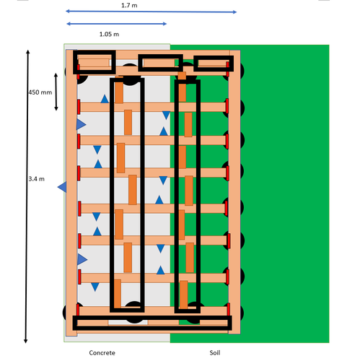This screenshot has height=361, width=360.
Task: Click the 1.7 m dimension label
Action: tap(129, 5)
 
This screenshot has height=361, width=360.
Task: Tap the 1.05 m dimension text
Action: tap(109, 34)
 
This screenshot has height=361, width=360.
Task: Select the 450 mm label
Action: tap(40, 92)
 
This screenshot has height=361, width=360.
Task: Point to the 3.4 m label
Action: tap(37, 179)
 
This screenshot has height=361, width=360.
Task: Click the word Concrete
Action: tap(102, 353)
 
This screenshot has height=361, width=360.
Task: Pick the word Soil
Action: tap(215, 353)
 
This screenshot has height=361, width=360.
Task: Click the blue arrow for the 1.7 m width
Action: tap(152, 12)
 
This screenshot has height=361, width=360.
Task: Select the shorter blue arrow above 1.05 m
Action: tap(117, 24)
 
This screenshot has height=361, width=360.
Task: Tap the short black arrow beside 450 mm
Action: tap(56, 92)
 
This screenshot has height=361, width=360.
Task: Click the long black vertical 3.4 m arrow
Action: tap(27, 196)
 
